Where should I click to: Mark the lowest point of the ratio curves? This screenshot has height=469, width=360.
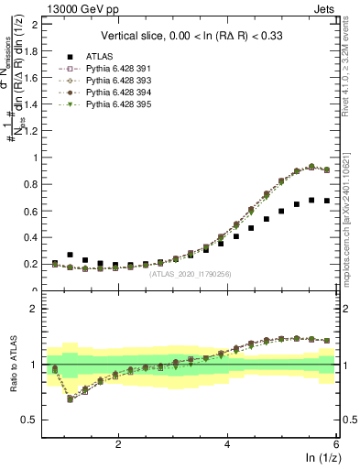(x=71, y=398)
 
